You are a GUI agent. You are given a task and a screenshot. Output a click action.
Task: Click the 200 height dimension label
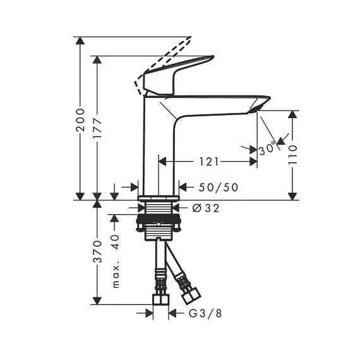[x=81, y=120]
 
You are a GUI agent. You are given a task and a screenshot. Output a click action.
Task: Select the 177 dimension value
[x=97, y=128]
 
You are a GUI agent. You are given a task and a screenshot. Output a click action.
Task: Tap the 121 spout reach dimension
[x=208, y=162]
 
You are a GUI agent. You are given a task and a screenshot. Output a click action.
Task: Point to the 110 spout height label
[x=292, y=155]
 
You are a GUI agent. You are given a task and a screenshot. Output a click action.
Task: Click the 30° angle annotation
[x=267, y=148]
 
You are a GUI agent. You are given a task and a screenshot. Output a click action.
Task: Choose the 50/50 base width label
[x=219, y=188]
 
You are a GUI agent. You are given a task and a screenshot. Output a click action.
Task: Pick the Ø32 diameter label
[x=206, y=208]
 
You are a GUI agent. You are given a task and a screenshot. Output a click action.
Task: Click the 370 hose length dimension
[x=97, y=251]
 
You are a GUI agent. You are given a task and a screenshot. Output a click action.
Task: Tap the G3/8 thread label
[x=205, y=313]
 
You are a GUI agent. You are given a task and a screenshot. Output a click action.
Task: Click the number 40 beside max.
[x=116, y=242]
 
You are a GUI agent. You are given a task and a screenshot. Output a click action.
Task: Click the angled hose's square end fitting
[x=191, y=296]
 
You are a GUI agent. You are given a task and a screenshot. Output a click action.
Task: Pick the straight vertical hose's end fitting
[x=160, y=300]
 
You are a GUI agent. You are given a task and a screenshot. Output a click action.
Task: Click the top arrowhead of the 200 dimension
[x=80, y=40]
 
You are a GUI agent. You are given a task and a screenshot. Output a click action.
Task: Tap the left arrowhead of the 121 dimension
[x=162, y=162]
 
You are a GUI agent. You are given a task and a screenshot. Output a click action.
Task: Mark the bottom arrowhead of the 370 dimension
[x=97, y=301]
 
